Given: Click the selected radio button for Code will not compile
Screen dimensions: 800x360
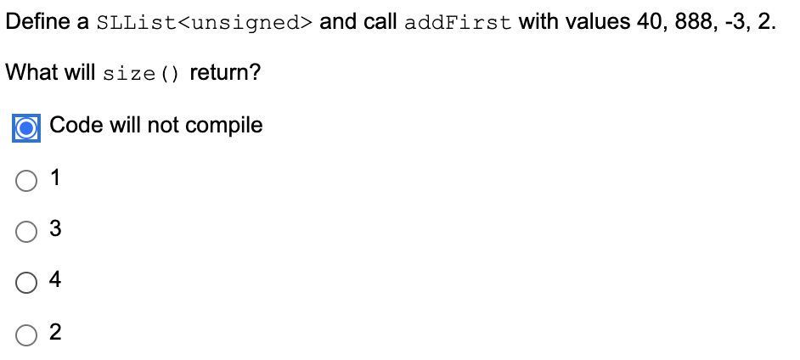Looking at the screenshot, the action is pyautogui.click(x=27, y=127).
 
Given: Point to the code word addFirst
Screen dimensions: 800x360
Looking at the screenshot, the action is pyautogui.click(x=458, y=23).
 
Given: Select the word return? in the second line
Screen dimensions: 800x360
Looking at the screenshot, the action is pyautogui.click(x=225, y=73).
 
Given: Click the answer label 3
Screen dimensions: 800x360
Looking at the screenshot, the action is pyautogui.click(x=56, y=229).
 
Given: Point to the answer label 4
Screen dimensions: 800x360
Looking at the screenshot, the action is pyautogui.click(x=56, y=280).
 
